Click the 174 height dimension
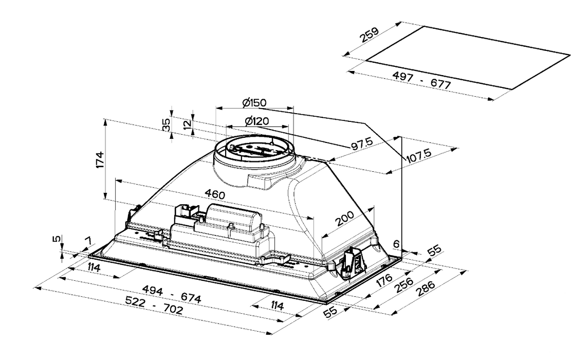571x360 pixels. [101, 159]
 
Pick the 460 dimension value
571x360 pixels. [214, 194]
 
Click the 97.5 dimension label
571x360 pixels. [363, 146]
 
